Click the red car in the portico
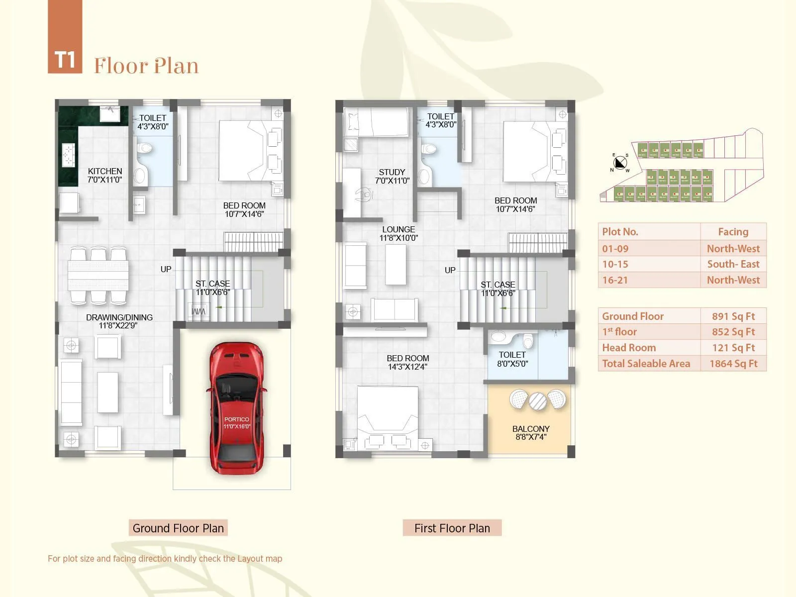236,408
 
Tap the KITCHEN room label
105,175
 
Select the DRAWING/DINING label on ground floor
119,321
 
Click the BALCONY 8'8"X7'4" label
531,433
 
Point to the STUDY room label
392,176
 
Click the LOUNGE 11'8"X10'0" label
398,233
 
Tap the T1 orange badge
65,60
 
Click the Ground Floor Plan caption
178,528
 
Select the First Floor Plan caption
452,528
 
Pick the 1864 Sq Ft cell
733,364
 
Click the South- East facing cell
733,264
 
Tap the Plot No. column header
620,232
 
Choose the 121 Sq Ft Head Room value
733,348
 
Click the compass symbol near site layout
620,163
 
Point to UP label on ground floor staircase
166,269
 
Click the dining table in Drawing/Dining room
98,276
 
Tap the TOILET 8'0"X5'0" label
512,359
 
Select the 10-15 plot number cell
615,264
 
